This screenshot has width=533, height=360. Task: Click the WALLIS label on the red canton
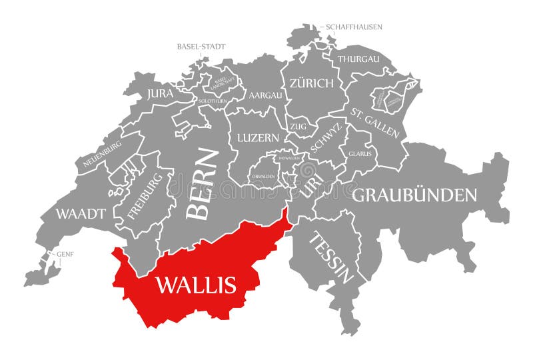coord(196,285)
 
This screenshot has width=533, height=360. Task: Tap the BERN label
coord(203,183)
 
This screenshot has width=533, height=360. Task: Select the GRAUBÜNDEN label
coord(414,195)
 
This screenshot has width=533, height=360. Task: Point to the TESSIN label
coord(331,257)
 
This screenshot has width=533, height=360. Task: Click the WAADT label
coord(81,214)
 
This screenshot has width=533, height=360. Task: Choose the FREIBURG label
coord(145,197)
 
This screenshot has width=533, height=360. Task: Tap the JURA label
coord(161,94)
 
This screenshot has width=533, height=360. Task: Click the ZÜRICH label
coord(311,83)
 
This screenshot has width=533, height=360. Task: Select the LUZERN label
coord(259,138)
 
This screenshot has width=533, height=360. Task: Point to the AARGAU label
coord(265,95)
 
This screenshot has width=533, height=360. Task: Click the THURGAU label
coord(358,59)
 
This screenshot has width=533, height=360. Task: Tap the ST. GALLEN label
coord(376,122)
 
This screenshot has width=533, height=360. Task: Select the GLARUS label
coord(360,153)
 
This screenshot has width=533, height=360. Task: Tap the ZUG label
coord(298,125)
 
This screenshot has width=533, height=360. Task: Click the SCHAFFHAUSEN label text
coord(354,27)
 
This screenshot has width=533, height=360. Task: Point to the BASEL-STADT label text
coord(201,47)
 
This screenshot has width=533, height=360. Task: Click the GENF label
coord(65,254)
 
